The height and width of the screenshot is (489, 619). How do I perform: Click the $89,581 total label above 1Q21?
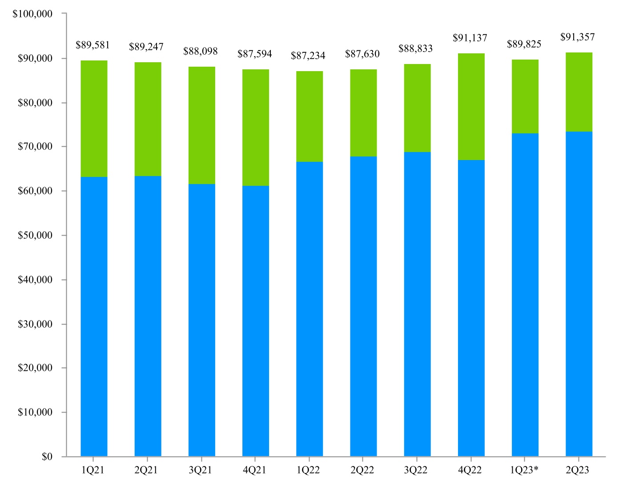click(92, 45)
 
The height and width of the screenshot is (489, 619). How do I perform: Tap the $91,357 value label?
click(577, 37)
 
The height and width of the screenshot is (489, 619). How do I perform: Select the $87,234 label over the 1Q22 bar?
click(308, 56)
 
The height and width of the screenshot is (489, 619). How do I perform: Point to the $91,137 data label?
click(470, 38)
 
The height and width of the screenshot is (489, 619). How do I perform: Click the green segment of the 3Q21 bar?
click(202, 125)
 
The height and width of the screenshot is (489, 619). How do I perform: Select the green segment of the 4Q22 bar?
click(471, 107)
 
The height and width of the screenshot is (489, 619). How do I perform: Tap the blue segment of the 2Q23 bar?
click(579, 293)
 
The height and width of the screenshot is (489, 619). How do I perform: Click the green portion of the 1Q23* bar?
click(525, 96)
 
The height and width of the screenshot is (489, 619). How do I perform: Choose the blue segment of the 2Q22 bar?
click(363, 306)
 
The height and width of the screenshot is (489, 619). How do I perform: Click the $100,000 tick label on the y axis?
click(32, 14)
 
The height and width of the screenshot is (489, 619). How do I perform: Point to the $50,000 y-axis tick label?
click(35, 235)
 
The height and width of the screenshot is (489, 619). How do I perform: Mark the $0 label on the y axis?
click(47, 457)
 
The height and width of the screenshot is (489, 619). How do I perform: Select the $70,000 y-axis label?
click(35, 146)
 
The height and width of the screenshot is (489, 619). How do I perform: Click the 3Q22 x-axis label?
click(416, 470)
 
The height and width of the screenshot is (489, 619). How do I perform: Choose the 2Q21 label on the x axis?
click(146, 470)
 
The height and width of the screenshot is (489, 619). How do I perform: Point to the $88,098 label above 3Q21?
click(201, 51)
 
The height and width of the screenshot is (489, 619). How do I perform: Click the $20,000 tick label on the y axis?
click(35, 368)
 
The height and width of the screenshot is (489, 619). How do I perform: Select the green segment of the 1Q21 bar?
click(94, 119)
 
